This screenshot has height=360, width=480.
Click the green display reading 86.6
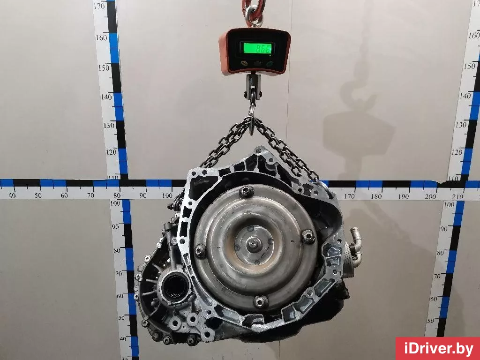(257, 48)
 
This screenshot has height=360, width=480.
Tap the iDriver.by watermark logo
(438, 349)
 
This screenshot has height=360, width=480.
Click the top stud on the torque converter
(247, 191)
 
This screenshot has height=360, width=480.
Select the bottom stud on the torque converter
(261, 302)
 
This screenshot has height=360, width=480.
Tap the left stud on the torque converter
(201, 250)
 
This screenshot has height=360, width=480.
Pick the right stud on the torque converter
(308, 236)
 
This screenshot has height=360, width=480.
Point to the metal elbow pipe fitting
(355, 240)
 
